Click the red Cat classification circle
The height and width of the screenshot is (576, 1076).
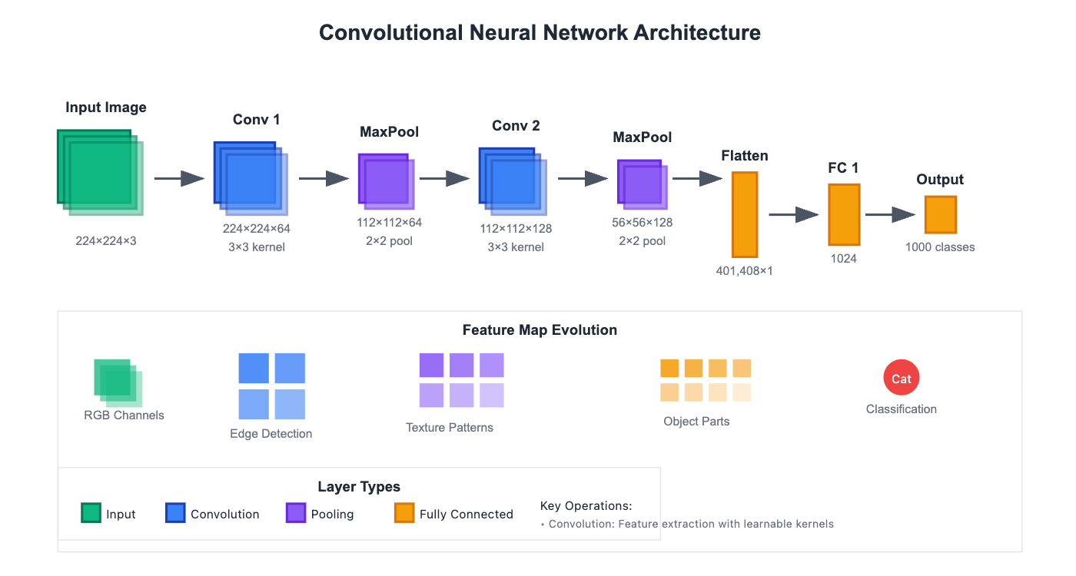[x=902, y=378]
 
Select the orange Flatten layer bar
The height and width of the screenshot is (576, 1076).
[x=744, y=214]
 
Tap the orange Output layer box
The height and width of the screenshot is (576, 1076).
[x=940, y=214]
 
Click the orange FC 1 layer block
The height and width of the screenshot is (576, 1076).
[x=843, y=214]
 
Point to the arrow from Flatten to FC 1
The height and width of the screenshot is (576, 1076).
[x=794, y=215]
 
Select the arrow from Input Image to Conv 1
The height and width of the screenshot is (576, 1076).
[x=179, y=179]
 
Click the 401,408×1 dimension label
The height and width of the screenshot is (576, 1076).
[x=744, y=270]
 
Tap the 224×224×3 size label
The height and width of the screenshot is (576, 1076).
[x=106, y=240]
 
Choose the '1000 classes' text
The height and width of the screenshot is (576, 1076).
[x=940, y=247]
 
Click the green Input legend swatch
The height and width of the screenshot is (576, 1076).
[x=91, y=512]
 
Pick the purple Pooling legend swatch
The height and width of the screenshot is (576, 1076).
[x=296, y=512]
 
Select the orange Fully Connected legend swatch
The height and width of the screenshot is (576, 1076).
[x=404, y=512]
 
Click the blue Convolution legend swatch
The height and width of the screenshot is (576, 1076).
[x=175, y=512]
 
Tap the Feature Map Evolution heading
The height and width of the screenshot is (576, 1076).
[x=540, y=330]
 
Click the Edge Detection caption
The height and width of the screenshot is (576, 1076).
[x=271, y=434]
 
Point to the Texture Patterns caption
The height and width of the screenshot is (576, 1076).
[x=450, y=428]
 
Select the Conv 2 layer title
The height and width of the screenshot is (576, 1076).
[x=516, y=125]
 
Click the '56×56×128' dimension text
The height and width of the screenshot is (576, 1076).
[x=642, y=223]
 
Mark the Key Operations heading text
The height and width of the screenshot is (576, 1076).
[x=586, y=506]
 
